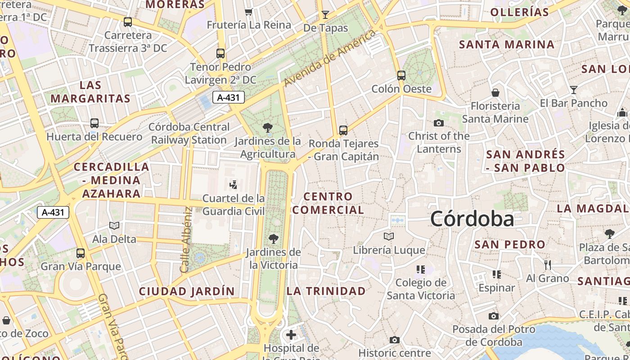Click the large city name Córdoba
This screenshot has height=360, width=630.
click(x=472, y=219)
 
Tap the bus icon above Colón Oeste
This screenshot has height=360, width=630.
click(x=401, y=76)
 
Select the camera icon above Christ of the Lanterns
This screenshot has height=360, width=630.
click(x=438, y=123)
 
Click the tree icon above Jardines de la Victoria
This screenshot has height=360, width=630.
click(x=273, y=238)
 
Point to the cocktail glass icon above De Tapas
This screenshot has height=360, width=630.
click(x=325, y=15)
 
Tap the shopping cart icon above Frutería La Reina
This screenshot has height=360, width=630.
click(x=248, y=12)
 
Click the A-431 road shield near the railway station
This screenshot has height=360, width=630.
click(x=228, y=97)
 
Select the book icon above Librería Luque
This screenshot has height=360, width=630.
click(x=389, y=236)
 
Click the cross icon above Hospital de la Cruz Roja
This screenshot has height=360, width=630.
click(x=291, y=335)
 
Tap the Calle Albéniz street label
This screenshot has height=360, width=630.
click(x=185, y=239)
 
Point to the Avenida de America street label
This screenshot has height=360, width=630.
click(x=331, y=58)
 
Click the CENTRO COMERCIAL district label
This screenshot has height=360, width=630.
click(x=328, y=203)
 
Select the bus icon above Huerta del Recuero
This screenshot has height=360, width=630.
click(x=94, y=123)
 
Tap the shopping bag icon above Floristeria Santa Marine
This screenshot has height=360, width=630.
click(x=495, y=93)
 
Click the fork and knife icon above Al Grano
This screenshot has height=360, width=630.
click(x=547, y=265)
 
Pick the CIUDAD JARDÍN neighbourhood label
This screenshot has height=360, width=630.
click(x=187, y=291)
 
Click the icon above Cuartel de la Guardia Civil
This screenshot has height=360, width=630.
click(x=233, y=184)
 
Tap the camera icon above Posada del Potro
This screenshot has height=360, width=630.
click(x=494, y=316)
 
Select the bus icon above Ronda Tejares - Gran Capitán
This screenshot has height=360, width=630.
click(x=343, y=130)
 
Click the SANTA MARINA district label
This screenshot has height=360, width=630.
click(x=507, y=45)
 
